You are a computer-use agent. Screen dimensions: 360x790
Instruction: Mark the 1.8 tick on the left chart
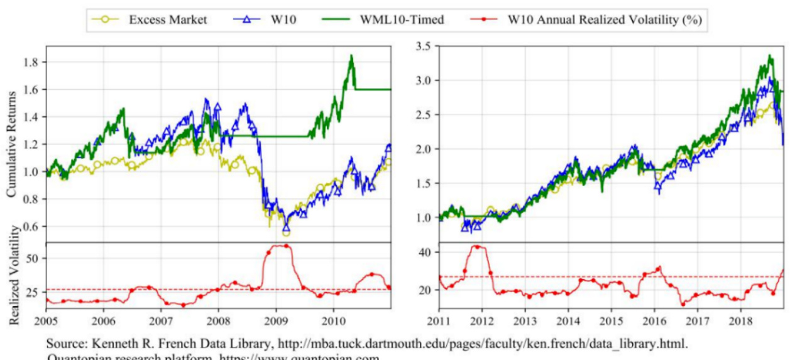pos(31,62)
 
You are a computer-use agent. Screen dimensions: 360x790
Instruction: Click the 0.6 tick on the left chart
pos(31,227)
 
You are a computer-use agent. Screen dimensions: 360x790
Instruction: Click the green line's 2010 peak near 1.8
pos(351,56)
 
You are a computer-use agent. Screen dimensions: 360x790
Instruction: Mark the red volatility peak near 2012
pos(476,246)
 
